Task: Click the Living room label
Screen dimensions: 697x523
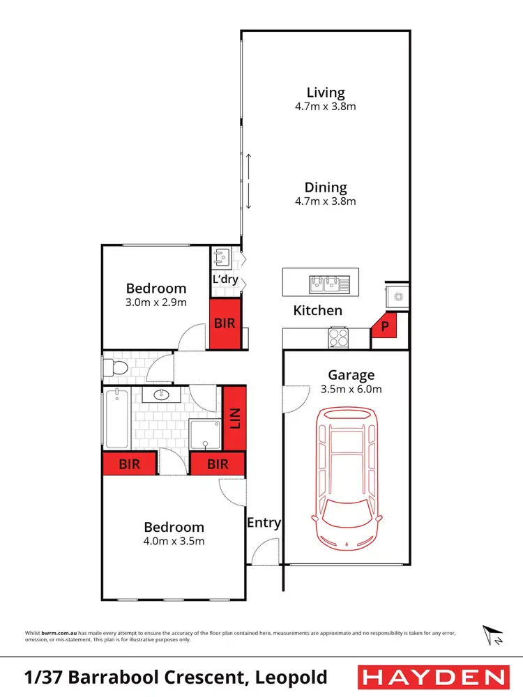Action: pos(326,93)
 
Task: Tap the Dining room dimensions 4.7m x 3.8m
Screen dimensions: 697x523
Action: pos(326,201)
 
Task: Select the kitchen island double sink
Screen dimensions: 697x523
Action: pos(324,283)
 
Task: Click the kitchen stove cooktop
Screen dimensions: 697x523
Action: pos(338,337)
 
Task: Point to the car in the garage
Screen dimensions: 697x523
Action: pos(347,477)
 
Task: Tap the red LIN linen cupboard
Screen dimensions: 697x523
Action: pos(235,419)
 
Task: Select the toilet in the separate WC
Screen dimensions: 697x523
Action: pos(116,367)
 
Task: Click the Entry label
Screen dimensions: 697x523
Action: pos(264,523)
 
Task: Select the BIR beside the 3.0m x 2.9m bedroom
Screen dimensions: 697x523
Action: pos(225,324)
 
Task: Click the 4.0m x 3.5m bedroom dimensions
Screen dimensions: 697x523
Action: pos(174,541)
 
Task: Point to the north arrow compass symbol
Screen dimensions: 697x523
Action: pos(493,635)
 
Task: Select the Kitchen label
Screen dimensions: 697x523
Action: pos(317,310)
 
